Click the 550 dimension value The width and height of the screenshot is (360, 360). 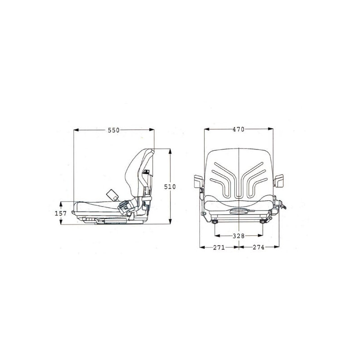(114, 130)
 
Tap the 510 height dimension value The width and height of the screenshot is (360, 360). (170, 187)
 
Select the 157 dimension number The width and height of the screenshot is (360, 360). (61, 213)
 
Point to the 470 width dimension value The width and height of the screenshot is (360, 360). (238, 130)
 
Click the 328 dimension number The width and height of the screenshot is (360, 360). (238, 236)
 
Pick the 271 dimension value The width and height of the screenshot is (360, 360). (219, 247)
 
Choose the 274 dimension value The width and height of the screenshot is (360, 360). (258, 247)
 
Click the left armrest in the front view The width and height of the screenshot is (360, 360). (198, 181)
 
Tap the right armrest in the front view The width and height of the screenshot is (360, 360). (279, 180)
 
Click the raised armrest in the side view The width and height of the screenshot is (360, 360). (112, 194)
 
